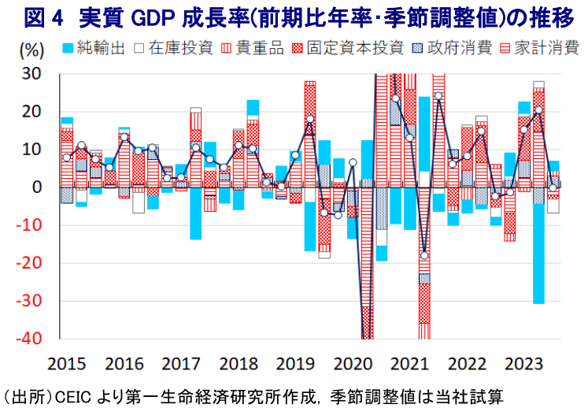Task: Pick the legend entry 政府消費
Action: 450,48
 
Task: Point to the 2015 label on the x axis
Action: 66,364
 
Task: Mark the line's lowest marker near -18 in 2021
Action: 424,255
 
